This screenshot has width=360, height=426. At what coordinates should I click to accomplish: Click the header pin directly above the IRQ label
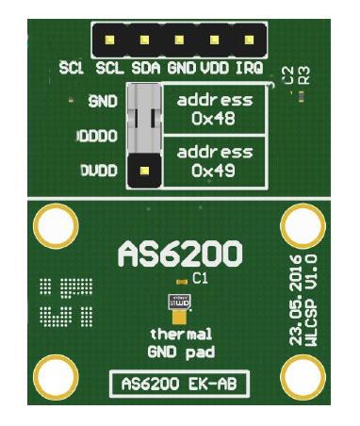pos(250,40)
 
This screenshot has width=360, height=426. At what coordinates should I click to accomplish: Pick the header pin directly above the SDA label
pos(145,40)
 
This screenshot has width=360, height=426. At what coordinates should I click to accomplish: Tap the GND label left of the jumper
pos(101,100)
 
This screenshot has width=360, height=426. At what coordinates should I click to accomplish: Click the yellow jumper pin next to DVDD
pos(145,172)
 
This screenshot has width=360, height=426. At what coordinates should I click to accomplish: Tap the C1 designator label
pos(199,279)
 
